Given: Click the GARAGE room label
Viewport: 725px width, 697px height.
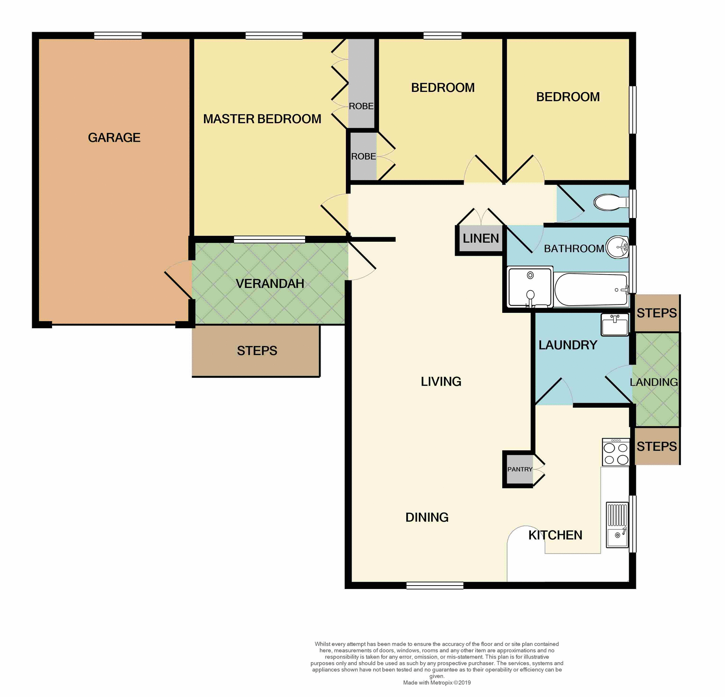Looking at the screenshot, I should coord(114,138).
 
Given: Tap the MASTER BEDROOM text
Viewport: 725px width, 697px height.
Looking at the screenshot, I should coord(262,119).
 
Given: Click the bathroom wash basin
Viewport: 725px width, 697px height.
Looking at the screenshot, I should coord(617,247).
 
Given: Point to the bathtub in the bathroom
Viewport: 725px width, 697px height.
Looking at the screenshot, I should coord(591,290).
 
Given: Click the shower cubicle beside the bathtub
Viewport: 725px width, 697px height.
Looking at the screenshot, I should coord(530,287).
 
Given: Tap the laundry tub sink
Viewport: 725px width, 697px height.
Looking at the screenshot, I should coord(614,325).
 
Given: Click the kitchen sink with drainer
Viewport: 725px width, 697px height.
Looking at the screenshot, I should coord(617,525).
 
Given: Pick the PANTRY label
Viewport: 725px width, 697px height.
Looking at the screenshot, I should coord(520,469).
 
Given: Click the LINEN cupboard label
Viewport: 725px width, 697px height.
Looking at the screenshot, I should coord(481,238).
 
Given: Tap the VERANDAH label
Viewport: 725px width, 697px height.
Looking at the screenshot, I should coord(270,284).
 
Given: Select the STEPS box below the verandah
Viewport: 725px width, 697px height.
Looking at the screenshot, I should coord(257,351).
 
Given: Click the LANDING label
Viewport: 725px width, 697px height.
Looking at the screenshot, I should coord(654,382).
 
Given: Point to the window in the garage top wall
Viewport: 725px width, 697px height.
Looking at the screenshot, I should coord(118,36).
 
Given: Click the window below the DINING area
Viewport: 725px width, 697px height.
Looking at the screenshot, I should coord(435,586).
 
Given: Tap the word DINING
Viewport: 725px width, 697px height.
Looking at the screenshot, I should coord(427,517).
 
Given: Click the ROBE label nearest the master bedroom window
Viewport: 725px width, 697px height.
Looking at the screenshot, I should coord(361,106).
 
